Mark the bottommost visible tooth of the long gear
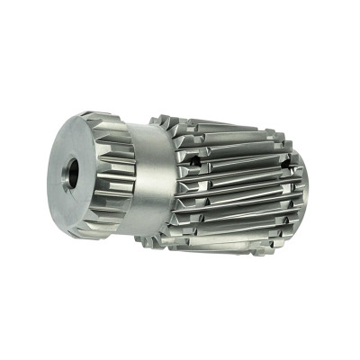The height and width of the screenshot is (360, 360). coord(225,250)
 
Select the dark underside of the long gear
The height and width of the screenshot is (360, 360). coord(216,238)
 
